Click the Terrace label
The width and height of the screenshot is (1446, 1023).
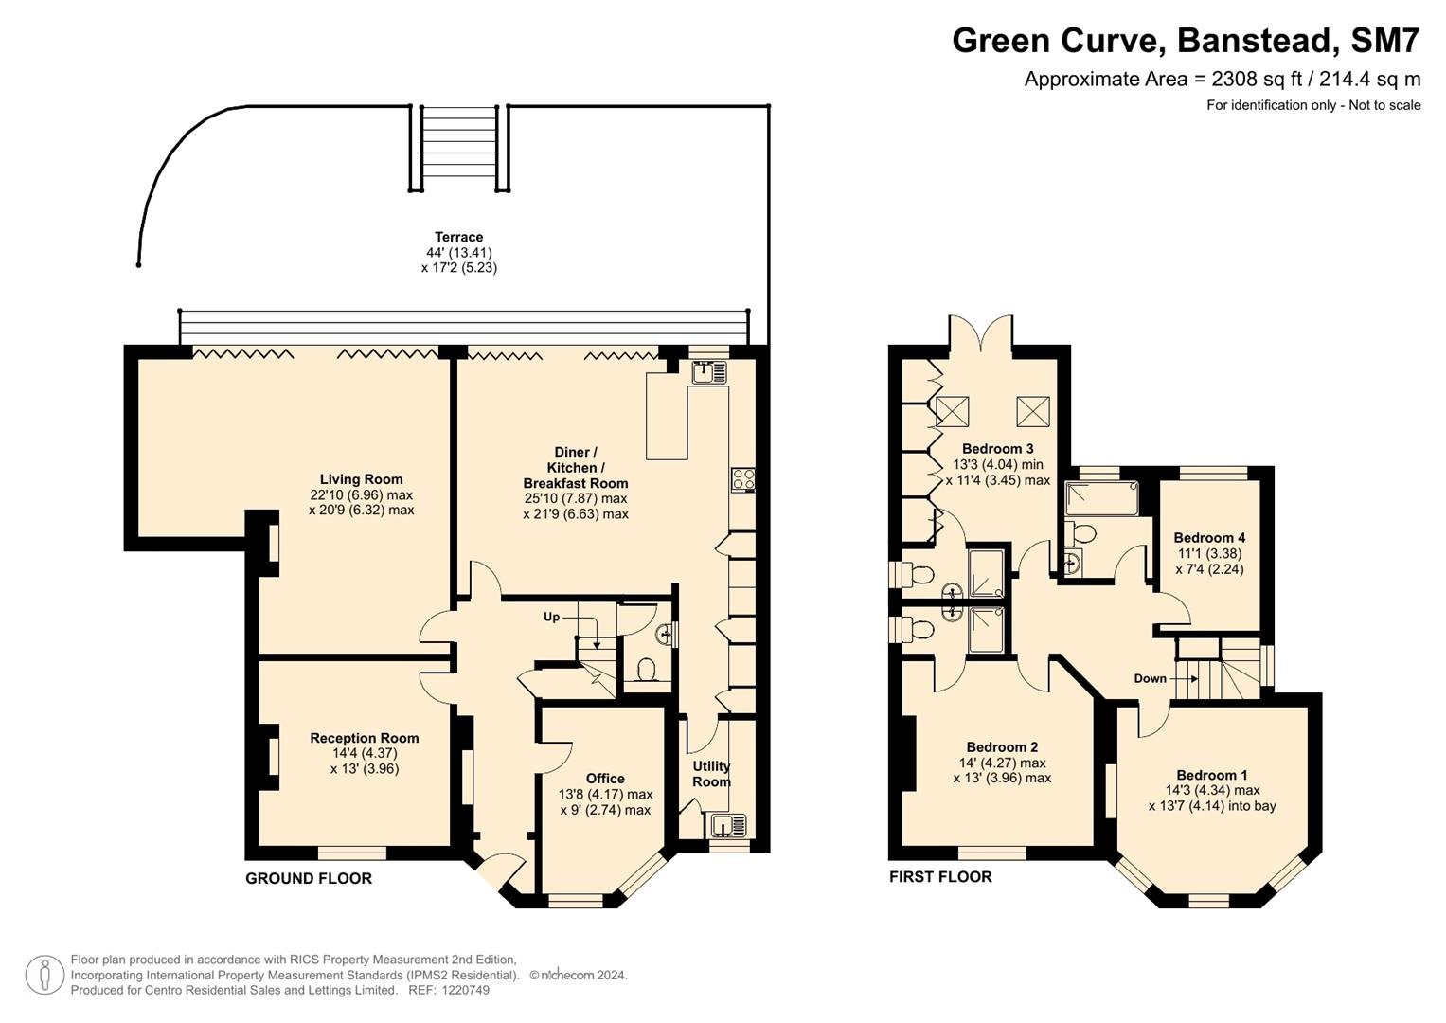pyautogui.click(x=459, y=237)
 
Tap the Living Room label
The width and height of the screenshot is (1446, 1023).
pyautogui.click(x=362, y=479)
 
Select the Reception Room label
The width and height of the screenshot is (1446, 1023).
pyautogui.click(x=364, y=738)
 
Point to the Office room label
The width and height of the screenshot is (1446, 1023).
pyautogui.click(x=605, y=779)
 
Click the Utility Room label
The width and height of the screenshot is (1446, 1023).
pyautogui.click(x=711, y=774)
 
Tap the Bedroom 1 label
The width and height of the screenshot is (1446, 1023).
pyautogui.click(x=1212, y=775)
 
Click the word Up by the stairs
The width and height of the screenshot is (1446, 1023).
pyautogui.click(x=551, y=617)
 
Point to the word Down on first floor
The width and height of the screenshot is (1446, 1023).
pyautogui.click(x=1150, y=678)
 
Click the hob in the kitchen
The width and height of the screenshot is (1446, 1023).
pyautogui.click(x=743, y=480)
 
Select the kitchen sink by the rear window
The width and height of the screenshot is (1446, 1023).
pyautogui.click(x=709, y=372)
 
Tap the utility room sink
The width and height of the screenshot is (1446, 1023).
pyautogui.click(x=728, y=825)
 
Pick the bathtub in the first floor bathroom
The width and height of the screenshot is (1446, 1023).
pyautogui.click(x=1101, y=498)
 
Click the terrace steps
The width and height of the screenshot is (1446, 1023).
pyautogui.click(x=459, y=148)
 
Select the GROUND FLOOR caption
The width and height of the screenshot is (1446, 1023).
pyautogui.click(x=309, y=878)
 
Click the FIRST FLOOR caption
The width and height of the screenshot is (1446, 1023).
pyautogui.click(x=940, y=876)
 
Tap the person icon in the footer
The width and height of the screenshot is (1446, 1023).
pyautogui.click(x=45, y=975)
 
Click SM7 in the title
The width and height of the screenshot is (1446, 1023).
pyautogui.click(x=1385, y=41)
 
